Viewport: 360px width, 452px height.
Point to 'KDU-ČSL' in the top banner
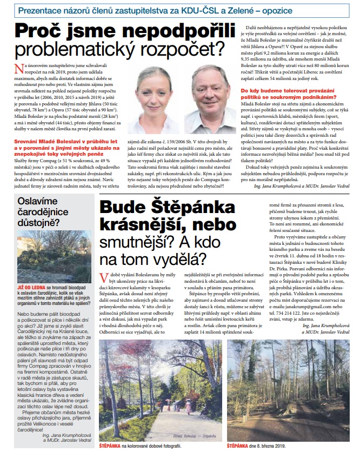[x=218, y=10]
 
